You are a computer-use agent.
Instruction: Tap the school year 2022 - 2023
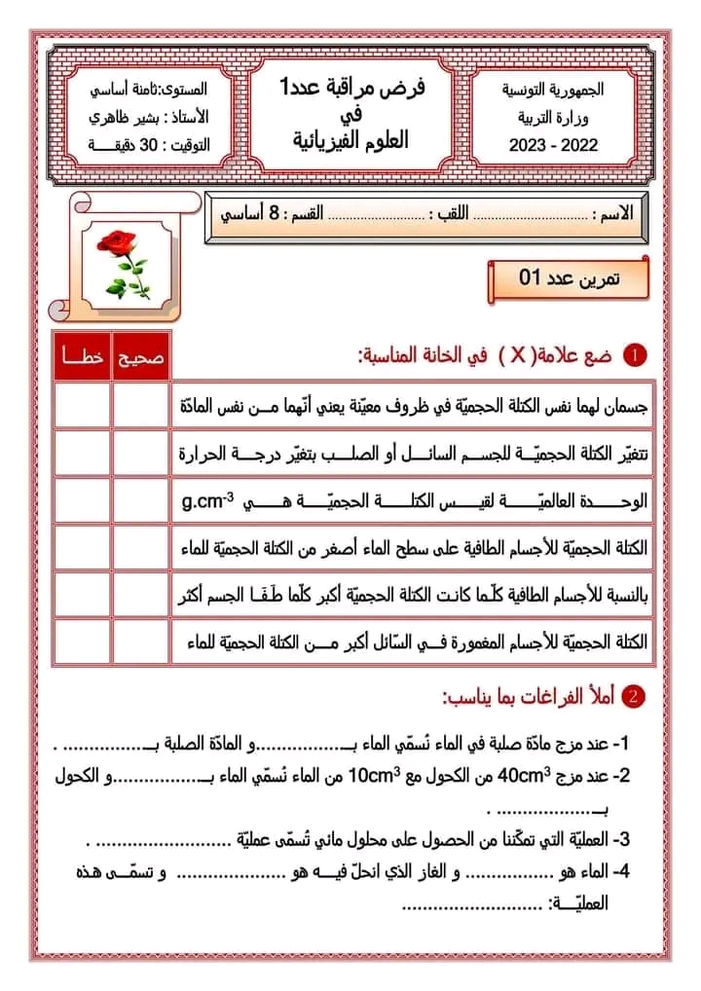click(x=554, y=146)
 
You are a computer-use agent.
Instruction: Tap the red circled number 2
click(x=634, y=697)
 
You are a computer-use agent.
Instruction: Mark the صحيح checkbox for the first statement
click(x=140, y=406)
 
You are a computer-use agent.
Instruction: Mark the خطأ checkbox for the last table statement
click(x=82, y=642)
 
